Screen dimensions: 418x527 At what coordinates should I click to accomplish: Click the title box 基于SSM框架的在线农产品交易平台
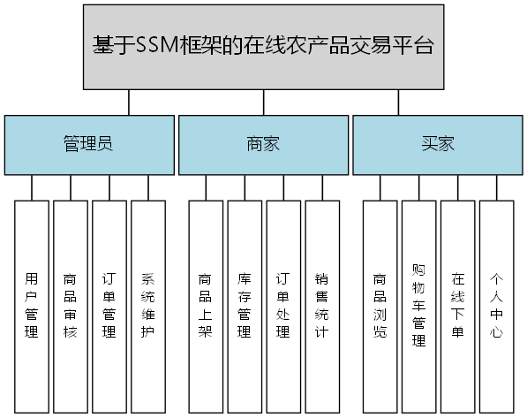point(263,46)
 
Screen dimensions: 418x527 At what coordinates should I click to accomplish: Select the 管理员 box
point(87,144)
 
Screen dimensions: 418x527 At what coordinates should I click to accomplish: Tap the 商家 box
point(263,144)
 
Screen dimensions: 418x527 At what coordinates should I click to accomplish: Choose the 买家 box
point(438,144)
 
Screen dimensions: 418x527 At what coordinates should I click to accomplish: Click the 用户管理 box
point(32,306)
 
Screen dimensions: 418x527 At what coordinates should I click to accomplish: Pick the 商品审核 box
point(71,306)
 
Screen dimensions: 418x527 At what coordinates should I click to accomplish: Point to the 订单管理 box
point(109,306)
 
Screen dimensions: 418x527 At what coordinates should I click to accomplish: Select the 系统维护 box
point(148,306)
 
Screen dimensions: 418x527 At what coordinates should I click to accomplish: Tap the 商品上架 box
point(206,306)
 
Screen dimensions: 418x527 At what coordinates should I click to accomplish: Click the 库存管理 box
point(245,306)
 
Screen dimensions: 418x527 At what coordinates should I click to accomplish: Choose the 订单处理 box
point(283,306)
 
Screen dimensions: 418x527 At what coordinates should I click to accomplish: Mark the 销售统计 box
point(322,306)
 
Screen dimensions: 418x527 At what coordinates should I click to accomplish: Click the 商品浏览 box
point(380,306)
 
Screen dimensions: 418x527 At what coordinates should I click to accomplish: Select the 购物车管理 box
point(419,306)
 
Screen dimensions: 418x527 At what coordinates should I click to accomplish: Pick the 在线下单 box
point(458,306)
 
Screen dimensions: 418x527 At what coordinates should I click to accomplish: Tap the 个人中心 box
point(497,306)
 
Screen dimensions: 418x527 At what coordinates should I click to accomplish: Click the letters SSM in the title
point(156,46)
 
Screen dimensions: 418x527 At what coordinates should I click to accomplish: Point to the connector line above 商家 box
point(263,103)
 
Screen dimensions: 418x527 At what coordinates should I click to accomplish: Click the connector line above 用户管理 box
point(32,187)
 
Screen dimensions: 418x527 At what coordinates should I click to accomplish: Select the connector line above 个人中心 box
point(497,187)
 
